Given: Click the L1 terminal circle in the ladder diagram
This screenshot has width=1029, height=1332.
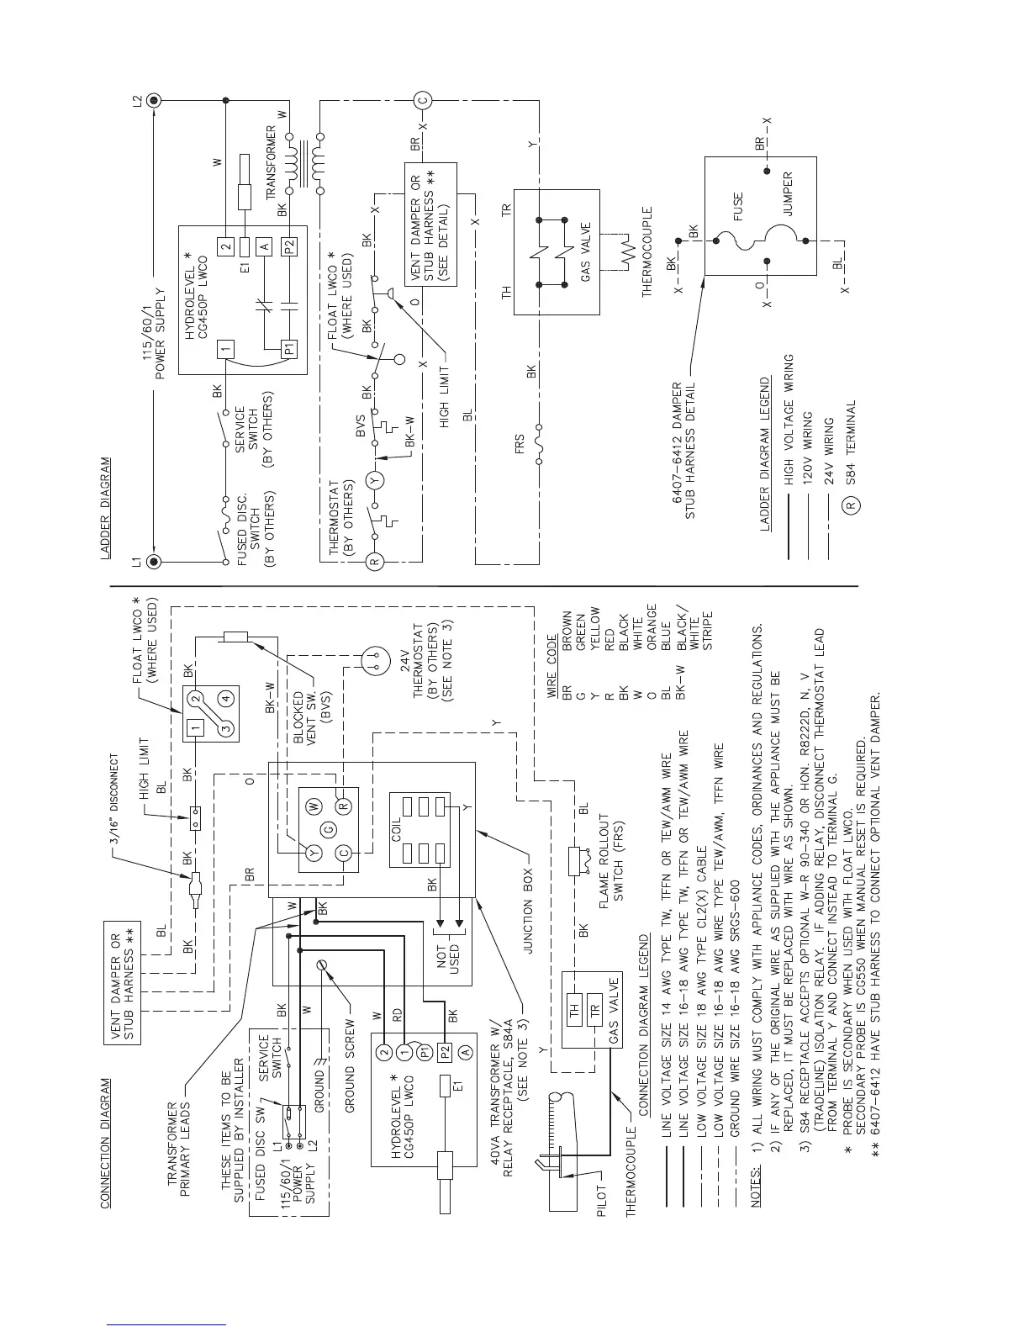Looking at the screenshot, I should [x=153, y=561].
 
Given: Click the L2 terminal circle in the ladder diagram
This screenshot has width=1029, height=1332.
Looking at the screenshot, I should [x=153, y=100].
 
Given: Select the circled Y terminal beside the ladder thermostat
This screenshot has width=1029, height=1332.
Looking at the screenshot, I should [x=375, y=481].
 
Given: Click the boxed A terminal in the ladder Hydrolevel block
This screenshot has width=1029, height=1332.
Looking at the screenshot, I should [x=264, y=246].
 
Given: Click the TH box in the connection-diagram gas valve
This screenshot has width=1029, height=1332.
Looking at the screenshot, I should [x=576, y=1012].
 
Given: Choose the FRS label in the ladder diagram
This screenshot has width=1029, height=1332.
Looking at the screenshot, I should [x=519, y=442].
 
